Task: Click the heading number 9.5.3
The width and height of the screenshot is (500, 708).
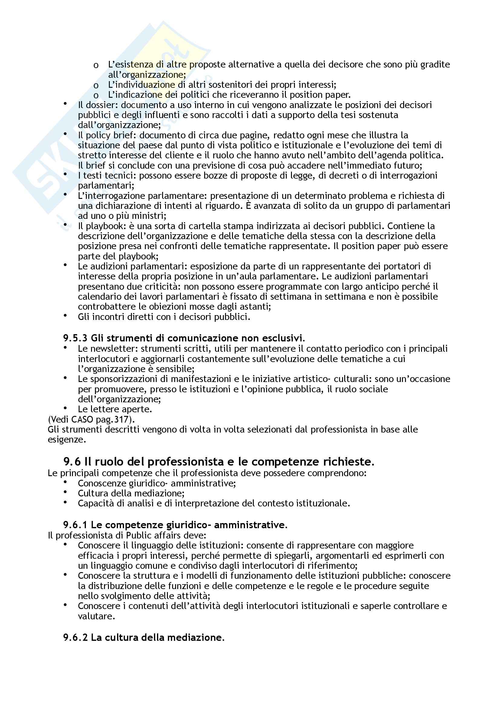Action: click(x=76, y=338)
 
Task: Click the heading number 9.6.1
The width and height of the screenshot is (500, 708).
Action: click(x=76, y=525)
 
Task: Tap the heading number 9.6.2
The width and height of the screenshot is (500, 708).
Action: click(x=76, y=637)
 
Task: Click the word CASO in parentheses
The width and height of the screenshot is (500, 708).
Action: click(x=82, y=419)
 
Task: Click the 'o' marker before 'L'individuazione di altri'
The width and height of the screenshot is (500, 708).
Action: click(x=96, y=85)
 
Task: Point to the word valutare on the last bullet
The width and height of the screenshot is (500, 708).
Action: click(x=96, y=616)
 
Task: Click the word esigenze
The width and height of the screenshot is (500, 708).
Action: click(x=66, y=440)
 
